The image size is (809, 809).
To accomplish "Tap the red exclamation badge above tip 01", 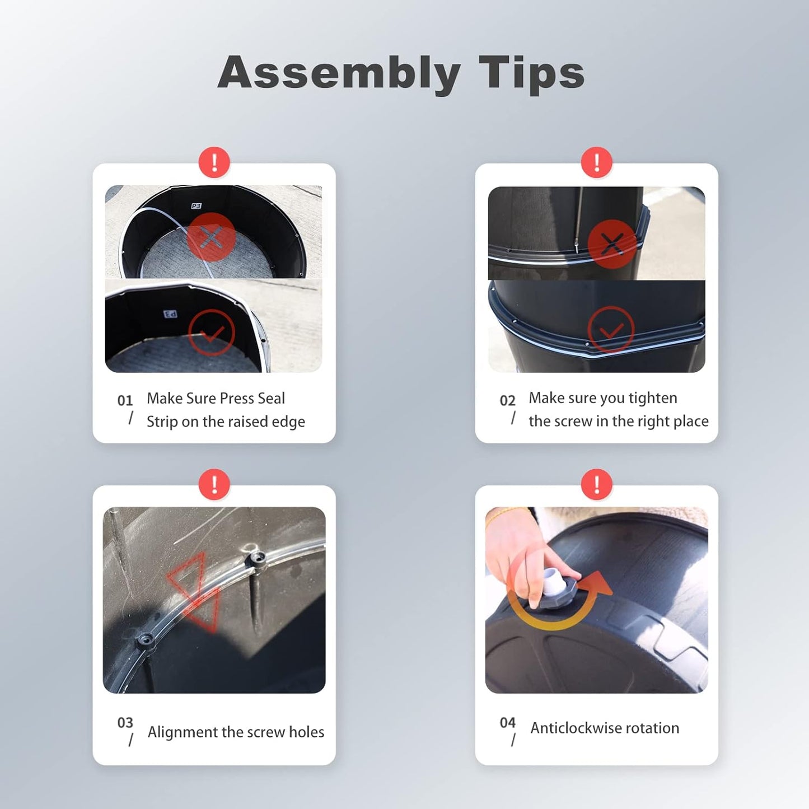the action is (214, 162).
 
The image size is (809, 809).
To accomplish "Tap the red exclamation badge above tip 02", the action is (597, 162).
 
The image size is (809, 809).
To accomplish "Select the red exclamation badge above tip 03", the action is (214, 484).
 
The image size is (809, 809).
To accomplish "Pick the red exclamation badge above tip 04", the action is (597, 484).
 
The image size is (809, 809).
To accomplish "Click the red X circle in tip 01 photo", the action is (211, 237).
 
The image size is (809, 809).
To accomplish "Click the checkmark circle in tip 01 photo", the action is (212, 333).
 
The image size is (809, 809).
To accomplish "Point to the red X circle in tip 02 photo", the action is (612, 244).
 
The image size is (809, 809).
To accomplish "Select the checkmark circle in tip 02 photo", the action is (611, 329).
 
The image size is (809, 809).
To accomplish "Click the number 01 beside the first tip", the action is (125, 400).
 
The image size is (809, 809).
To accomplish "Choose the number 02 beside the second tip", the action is (508, 400).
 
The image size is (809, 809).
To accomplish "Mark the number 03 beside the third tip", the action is (125, 723).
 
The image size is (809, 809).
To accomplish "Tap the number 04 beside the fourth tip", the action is (508, 723).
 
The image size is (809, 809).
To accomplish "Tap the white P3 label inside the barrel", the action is (196, 205).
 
